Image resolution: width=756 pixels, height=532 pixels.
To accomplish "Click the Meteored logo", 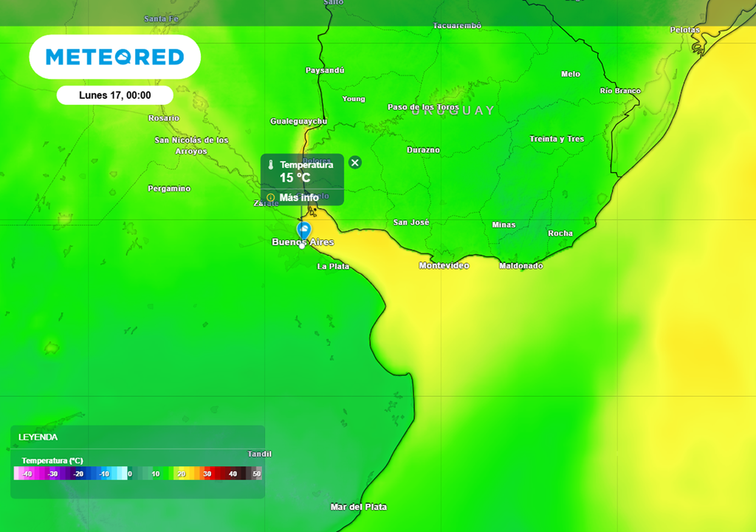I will pos(114,57).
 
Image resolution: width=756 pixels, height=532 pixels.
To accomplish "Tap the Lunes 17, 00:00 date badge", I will pos(114,95).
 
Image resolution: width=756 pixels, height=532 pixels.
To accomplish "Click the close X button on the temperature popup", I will pos(355,163).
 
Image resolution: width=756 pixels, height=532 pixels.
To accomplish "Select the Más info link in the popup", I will pos(298,197).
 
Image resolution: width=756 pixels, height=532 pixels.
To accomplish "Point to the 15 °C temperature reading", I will pos(295,178).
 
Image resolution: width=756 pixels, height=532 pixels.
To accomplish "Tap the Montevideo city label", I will pos(444,265).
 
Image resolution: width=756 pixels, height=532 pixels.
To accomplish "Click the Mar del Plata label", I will pos(358,507).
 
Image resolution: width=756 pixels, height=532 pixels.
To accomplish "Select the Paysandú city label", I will pos(325,70).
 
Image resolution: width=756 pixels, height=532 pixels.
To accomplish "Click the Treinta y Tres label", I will pos(557,139).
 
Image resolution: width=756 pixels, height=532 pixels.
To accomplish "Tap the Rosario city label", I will pos(164,118).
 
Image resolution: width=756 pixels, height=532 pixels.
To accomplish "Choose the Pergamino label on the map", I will pos(169,188).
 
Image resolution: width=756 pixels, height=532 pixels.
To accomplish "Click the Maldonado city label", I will pos(520,265).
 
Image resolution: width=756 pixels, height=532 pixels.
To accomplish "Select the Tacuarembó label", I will pos(457,26).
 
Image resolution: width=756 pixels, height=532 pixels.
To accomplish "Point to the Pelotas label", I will pos(684,30).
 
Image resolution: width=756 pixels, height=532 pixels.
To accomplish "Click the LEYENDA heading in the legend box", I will pos(38,437).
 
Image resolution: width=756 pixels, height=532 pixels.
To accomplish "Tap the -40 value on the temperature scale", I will pos(27,474).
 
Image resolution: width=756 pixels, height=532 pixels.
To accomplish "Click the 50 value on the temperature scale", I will pos(256,474).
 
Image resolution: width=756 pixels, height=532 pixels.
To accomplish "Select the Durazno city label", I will pos(423,150).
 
